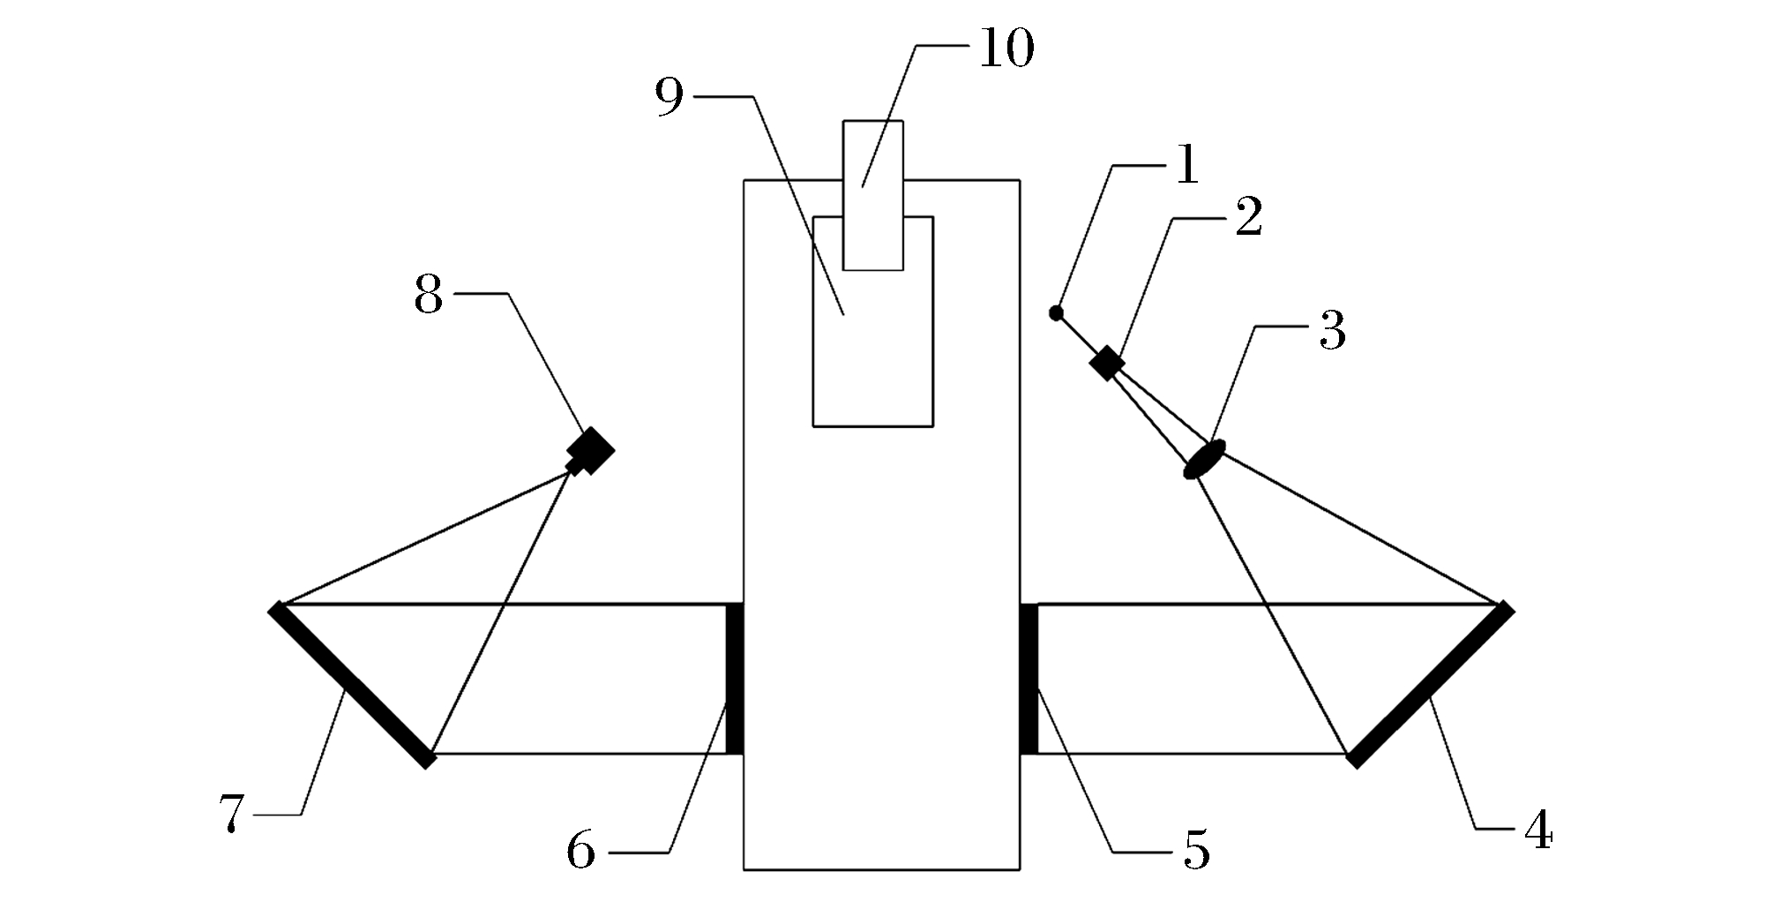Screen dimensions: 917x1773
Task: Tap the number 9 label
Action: pos(670,97)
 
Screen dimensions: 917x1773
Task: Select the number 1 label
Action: pos(1187,165)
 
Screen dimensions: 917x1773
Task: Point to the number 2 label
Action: pos(1248,218)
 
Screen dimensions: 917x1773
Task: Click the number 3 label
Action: pos(1332,331)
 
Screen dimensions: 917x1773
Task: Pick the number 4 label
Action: pos(1538,831)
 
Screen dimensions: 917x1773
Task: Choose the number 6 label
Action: pos(580,852)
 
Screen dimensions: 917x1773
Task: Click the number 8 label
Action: pos(428,296)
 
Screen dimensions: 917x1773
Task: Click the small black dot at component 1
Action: pos(1056,312)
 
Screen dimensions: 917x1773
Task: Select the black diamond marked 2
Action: pos(1106,363)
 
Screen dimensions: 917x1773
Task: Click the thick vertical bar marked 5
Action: pos(1029,679)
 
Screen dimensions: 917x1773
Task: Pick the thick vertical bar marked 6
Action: pos(734,679)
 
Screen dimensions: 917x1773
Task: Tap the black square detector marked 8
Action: pos(590,451)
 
